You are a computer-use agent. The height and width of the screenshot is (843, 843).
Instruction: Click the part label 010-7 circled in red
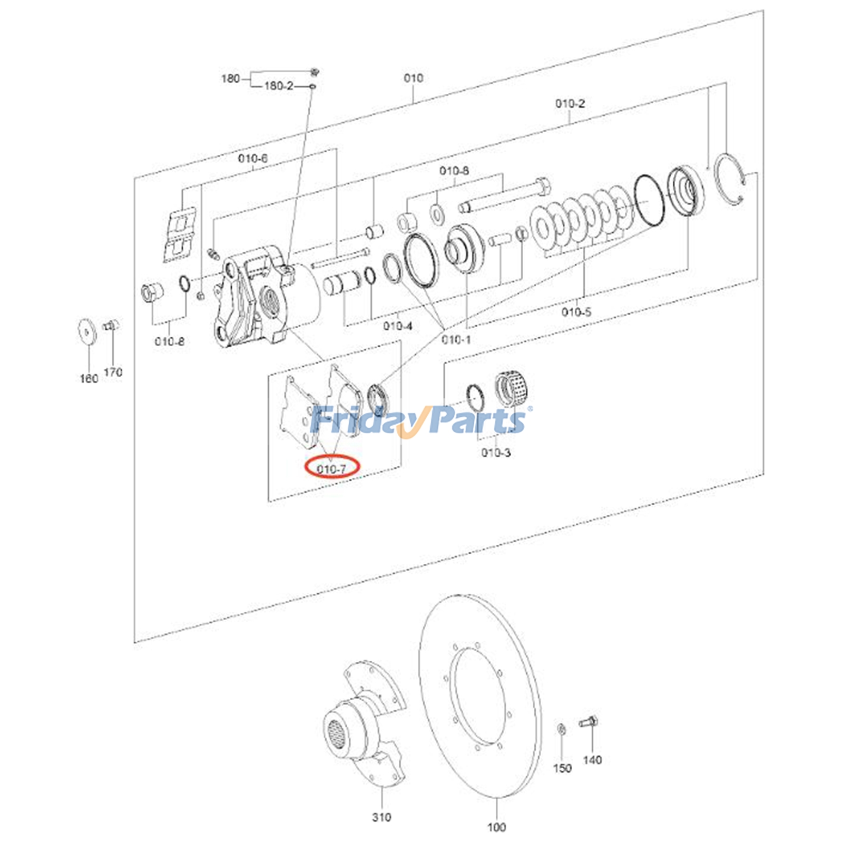[332, 468]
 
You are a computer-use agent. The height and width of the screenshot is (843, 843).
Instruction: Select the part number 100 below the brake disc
[496, 827]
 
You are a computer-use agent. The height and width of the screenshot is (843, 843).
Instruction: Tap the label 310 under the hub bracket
[381, 817]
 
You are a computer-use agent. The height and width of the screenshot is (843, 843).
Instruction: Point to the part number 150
[562, 768]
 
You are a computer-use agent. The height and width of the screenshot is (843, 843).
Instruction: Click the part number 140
[592, 760]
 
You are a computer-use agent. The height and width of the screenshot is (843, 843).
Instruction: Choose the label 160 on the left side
[89, 378]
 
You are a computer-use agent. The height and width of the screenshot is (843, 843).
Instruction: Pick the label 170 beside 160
[113, 372]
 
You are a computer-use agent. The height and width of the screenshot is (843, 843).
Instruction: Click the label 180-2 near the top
[279, 85]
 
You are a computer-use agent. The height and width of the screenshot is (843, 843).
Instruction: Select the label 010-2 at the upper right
[570, 103]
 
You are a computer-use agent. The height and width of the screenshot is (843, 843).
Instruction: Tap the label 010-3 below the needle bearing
[496, 452]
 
